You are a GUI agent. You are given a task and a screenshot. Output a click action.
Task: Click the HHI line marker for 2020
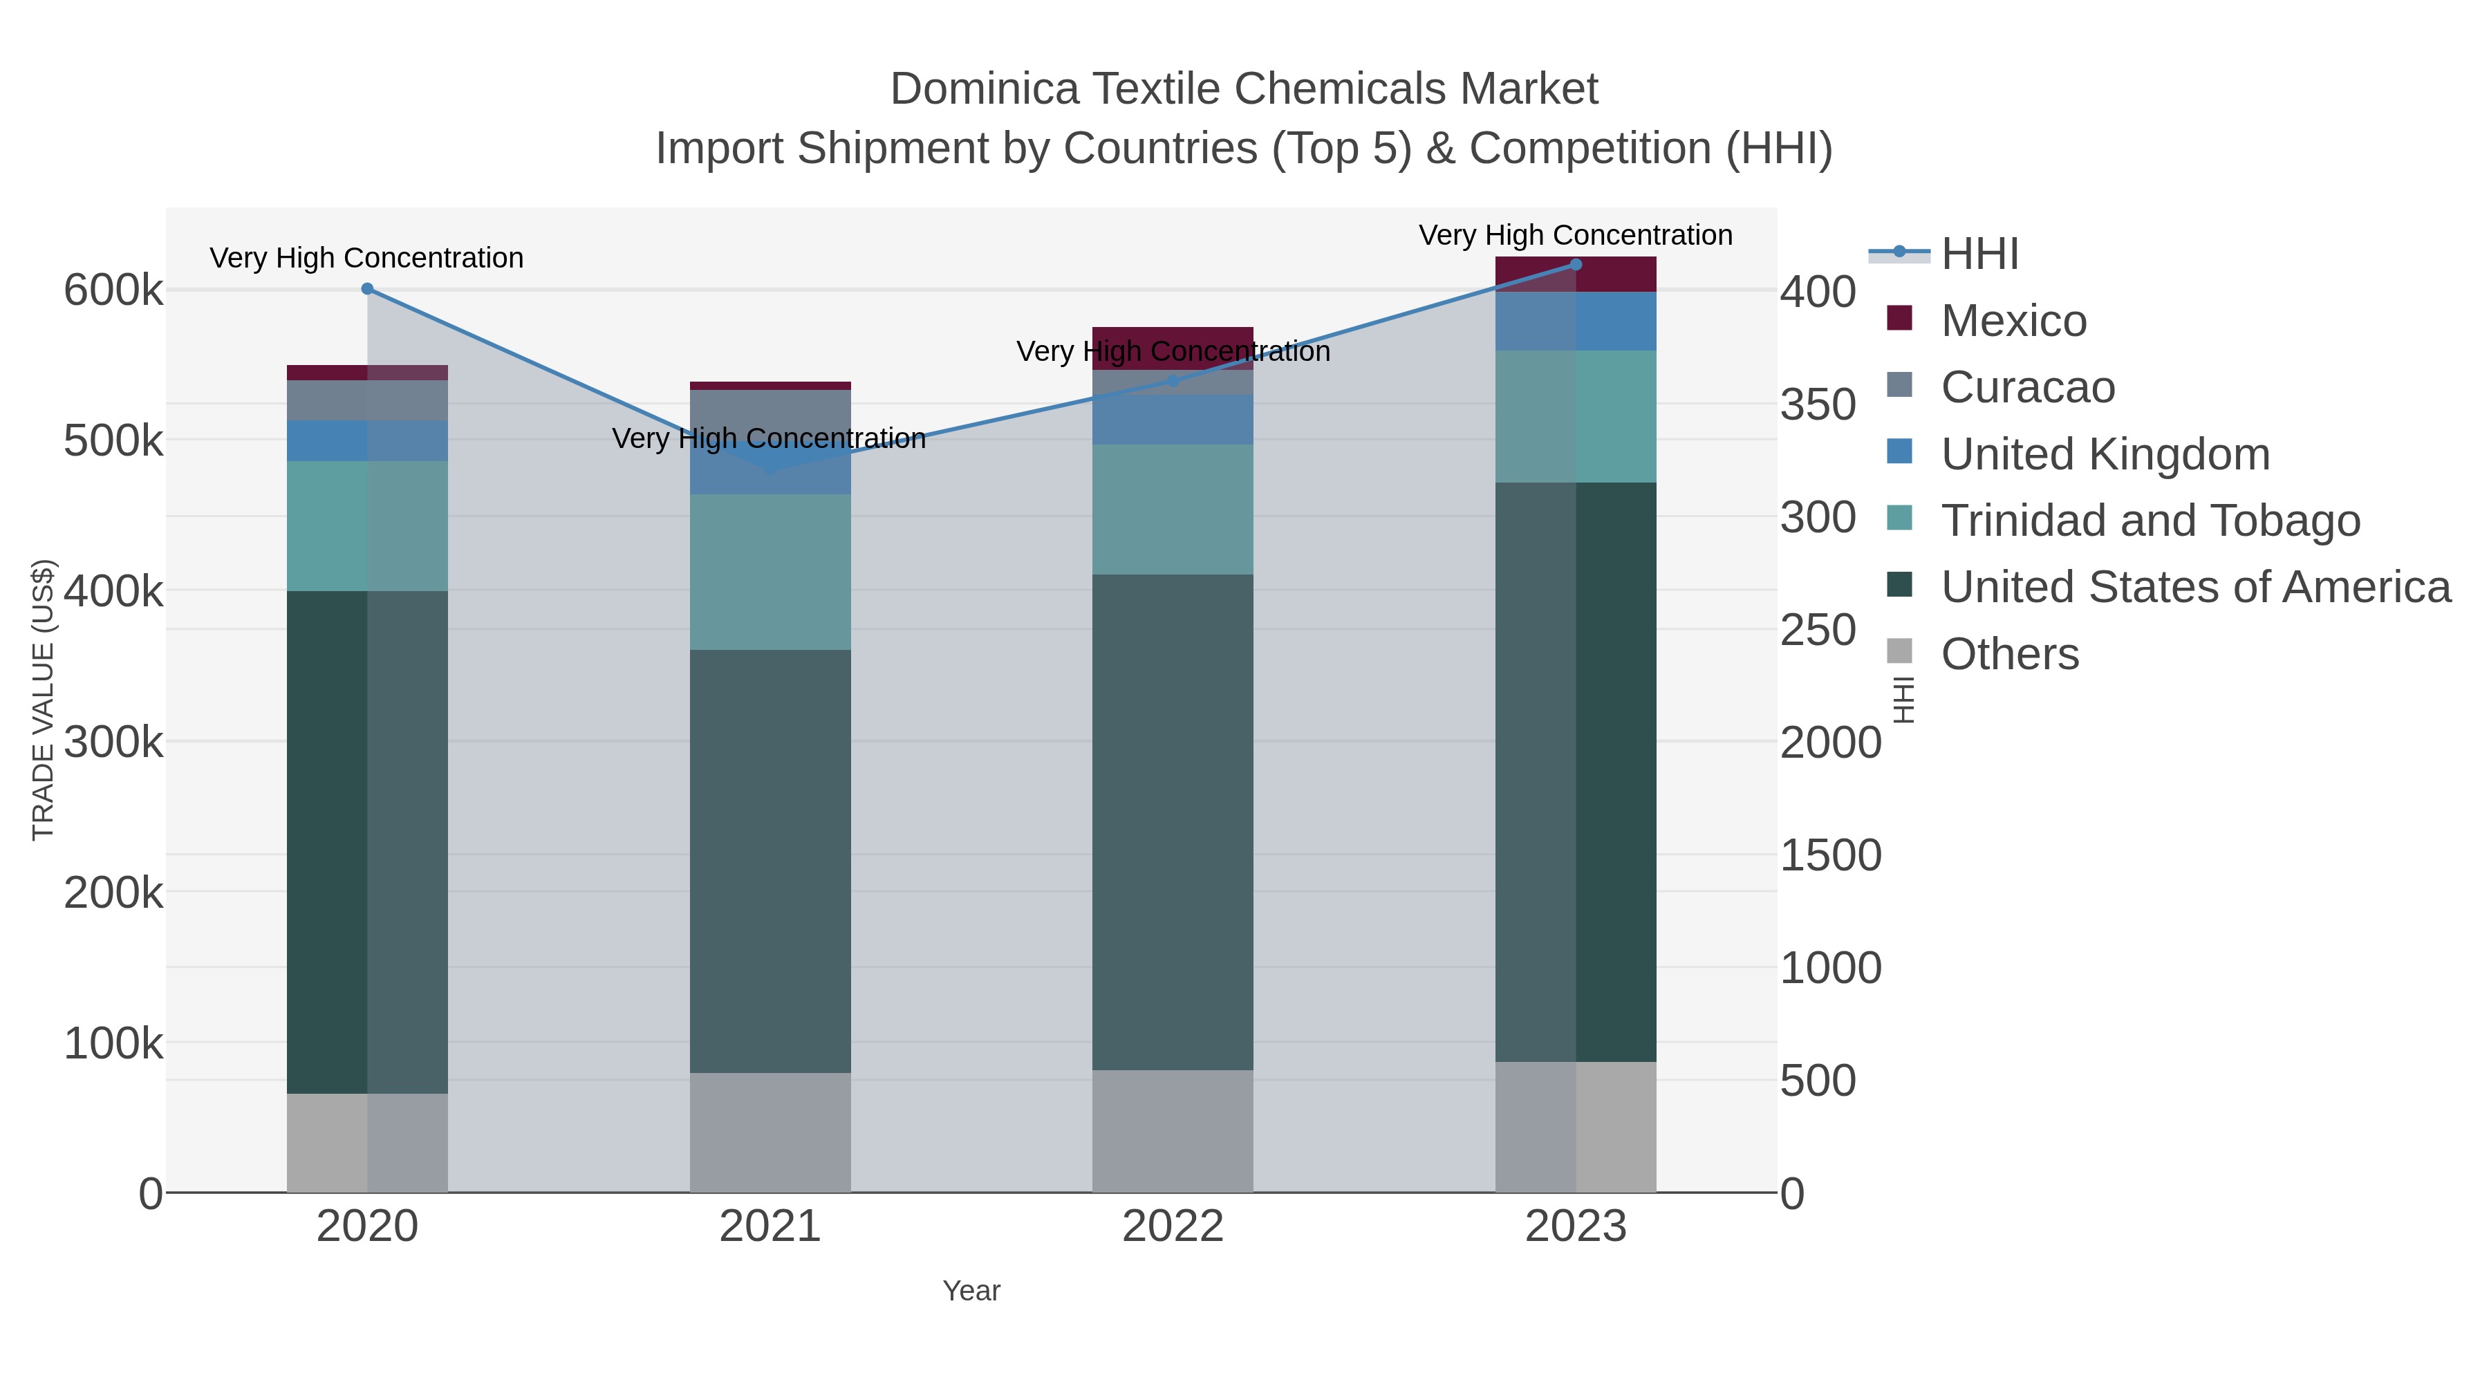tap(367, 289)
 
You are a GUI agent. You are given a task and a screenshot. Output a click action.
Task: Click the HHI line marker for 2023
tap(1576, 265)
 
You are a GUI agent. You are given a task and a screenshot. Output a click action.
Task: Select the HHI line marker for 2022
tap(1173, 381)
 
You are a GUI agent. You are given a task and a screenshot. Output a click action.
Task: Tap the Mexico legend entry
tap(2013, 321)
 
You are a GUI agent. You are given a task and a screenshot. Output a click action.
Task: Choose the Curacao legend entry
tap(2027, 387)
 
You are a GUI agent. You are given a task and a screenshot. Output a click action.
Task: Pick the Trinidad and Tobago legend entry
tap(2150, 521)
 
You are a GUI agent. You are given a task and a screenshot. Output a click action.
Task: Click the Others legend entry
tap(2010, 654)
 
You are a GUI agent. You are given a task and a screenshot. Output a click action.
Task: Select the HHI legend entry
tap(1979, 254)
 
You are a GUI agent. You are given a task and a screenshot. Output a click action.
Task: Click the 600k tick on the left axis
tap(113, 290)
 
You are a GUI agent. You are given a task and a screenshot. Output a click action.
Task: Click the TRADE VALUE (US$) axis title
tap(44, 700)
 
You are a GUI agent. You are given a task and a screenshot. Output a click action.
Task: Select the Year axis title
tap(971, 1291)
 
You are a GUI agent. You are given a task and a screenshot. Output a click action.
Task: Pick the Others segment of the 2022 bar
tap(1173, 1130)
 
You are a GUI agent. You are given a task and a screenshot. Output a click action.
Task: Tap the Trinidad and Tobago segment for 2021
tap(770, 572)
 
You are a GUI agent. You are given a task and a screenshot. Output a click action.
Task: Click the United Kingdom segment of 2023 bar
tap(1576, 321)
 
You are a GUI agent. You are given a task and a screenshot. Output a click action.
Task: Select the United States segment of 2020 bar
tap(367, 841)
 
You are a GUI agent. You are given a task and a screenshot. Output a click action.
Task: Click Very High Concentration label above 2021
tap(769, 438)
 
